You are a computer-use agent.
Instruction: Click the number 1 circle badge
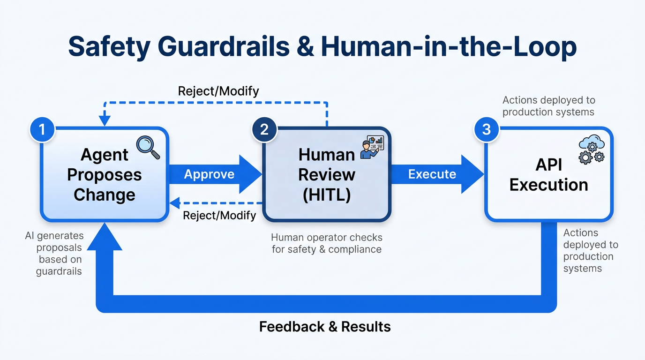42,129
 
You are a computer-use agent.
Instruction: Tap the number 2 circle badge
264,129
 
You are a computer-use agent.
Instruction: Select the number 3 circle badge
487,129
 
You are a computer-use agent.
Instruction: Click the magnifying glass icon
148,147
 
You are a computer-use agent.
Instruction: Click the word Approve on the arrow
209,174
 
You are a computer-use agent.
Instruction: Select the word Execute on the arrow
432,174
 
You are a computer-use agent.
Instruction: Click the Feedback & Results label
325,327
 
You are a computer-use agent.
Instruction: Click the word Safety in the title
109,47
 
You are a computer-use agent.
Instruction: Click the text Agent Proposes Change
104,174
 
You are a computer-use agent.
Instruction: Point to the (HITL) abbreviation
327,195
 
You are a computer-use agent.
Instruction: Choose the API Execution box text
548,174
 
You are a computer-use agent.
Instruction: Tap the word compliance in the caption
355,249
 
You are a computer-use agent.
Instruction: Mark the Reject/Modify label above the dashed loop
218,90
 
